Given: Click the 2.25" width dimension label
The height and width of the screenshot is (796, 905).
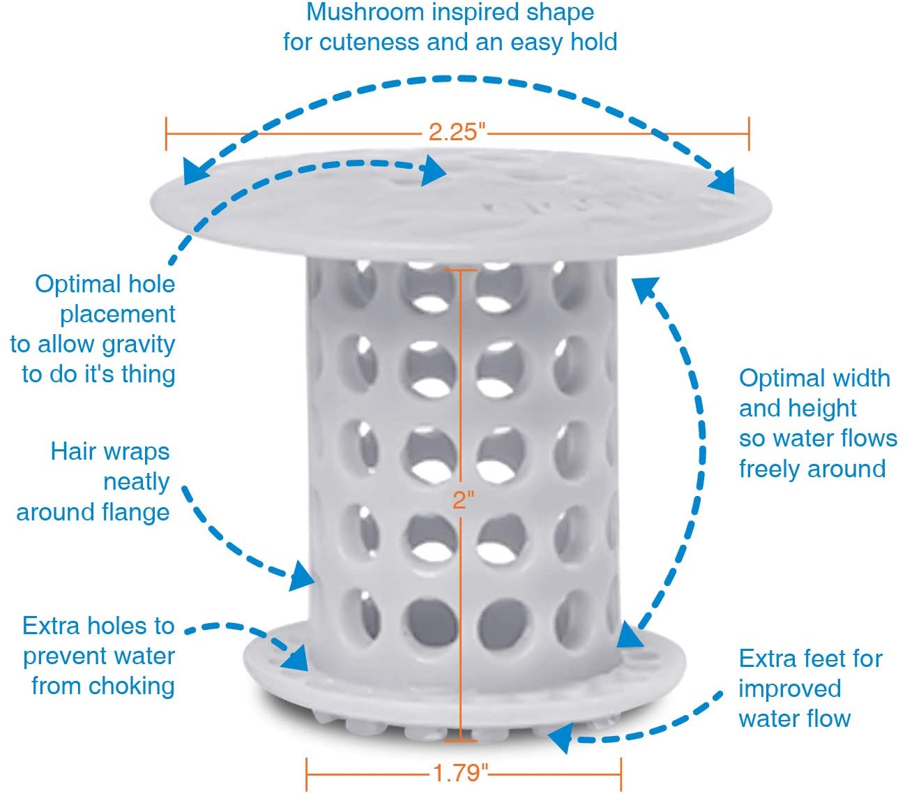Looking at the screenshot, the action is coord(457,132).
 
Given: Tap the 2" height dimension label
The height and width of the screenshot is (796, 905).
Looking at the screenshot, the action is coord(463,500).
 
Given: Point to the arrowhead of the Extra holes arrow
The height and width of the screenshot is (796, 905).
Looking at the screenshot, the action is coord(296,658).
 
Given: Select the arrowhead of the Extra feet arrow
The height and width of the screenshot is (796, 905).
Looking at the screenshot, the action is coord(561,738).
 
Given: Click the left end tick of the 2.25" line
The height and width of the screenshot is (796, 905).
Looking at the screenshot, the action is coord(166,133).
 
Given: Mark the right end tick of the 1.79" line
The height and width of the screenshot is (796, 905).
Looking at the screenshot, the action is coord(621,774).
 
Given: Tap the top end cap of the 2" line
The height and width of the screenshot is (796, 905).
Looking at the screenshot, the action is coord(461,270).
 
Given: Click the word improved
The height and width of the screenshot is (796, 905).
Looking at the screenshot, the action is coord(790,689).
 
